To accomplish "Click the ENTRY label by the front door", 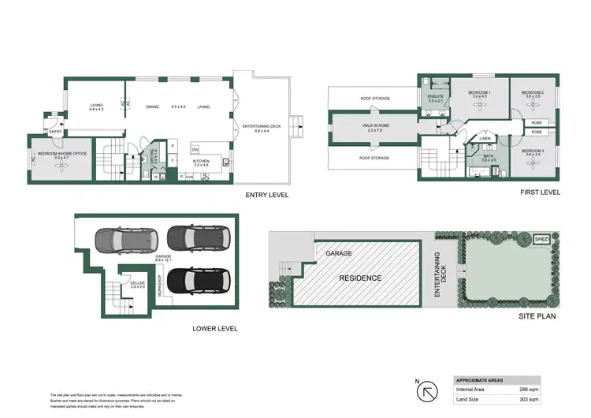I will point(54,132).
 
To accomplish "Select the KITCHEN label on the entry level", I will point(202,162).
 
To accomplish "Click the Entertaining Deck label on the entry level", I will point(261,126).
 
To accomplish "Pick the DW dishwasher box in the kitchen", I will point(194,149).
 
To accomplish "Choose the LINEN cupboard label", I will point(484,139).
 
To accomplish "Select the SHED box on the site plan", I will point(541,238).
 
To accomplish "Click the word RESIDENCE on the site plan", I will point(360,278).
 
